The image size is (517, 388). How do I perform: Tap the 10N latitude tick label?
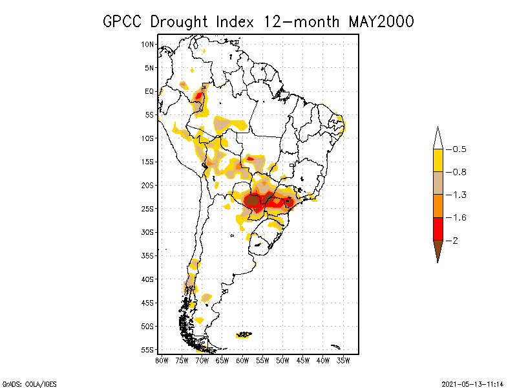tap(148, 44)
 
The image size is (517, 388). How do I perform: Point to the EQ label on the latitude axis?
tap(149, 91)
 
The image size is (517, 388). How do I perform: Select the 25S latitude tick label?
tap(148, 208)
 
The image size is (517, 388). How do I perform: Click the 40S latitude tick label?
tap(148, 279)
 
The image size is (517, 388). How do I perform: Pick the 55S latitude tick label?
tap(148, 349)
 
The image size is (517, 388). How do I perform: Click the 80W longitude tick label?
tap(162, 360)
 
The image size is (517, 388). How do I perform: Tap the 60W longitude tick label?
tap(242, 360)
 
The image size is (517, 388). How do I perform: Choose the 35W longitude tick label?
tap(343, 360)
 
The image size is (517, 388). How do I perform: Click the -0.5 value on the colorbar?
tap(459, 149)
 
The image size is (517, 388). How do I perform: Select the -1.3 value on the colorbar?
tap(459, 195)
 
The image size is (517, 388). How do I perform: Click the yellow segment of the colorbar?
tap(438, 160)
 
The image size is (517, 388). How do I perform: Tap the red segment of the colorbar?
tap(438, 228)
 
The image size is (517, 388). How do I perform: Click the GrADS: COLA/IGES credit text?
tap(29, 383)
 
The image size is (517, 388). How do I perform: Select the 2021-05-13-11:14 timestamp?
tap(472, 383)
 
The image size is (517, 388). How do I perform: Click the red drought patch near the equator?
tap(199, 99)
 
